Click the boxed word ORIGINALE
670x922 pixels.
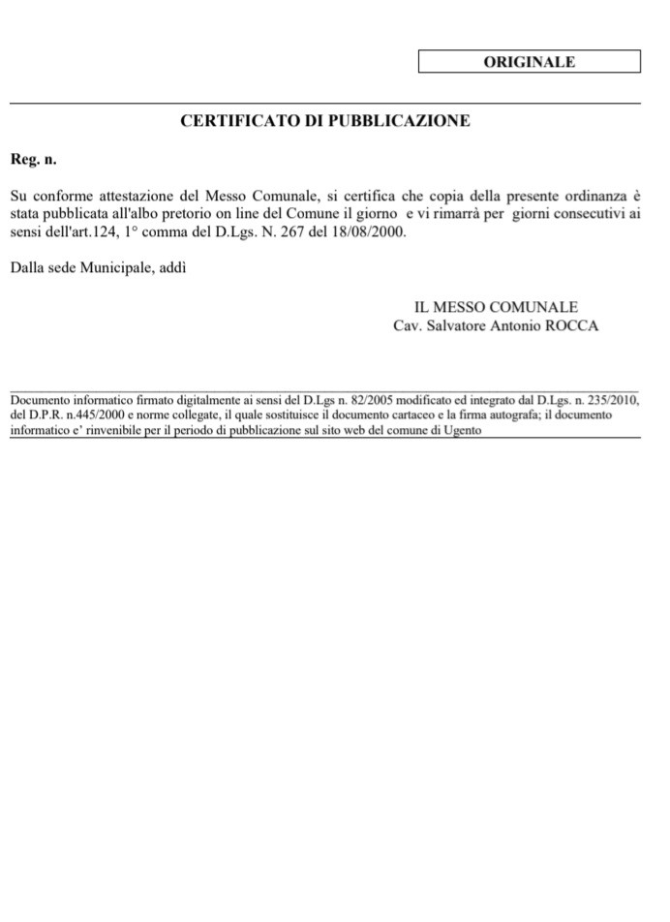coord(530,62)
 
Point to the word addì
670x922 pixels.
coord(172,267)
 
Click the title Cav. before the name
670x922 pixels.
coord(408,325)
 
